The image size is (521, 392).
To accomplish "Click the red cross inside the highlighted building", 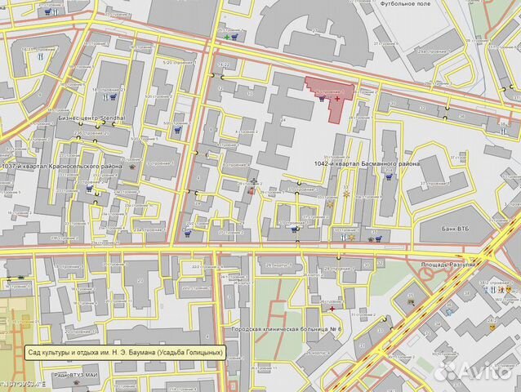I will [337, 98].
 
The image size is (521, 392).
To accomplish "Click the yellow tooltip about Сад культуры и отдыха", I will [125, 353].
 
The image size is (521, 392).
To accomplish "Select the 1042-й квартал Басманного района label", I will [367, 164].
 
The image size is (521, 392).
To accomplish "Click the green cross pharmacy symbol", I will [226, 38].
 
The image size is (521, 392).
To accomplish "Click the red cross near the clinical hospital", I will [332, 309].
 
